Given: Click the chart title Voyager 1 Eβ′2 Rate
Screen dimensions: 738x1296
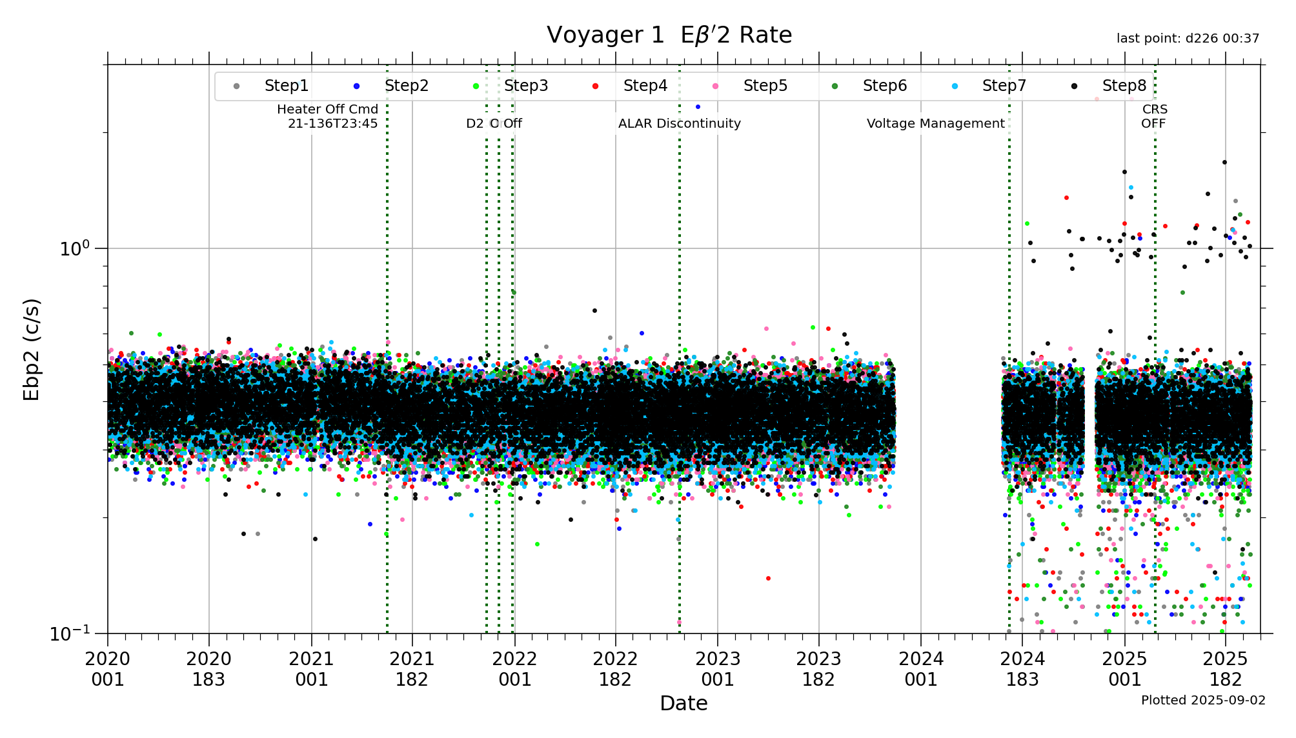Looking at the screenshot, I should coord(669,35).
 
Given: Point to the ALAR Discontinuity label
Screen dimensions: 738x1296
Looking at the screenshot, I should coord(679,123).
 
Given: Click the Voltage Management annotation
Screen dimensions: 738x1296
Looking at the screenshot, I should coord(935,123).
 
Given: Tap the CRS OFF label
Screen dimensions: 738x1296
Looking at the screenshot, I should coord(1154,116).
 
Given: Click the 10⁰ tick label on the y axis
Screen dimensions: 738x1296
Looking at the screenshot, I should coord(74,248).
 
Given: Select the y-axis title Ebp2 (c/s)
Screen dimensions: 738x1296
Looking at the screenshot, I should coord(32,349).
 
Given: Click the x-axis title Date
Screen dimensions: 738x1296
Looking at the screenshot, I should coord(683,703).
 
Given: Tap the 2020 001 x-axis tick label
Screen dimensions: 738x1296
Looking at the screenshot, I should coord(108,669).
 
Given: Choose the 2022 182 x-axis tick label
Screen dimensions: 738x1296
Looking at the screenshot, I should coord(615,669).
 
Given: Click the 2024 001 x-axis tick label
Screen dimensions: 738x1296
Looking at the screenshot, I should coord(921,669).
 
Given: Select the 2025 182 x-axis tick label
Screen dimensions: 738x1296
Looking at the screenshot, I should coord(1226,669).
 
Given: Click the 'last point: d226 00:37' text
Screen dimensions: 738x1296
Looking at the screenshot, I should coord(1188,39).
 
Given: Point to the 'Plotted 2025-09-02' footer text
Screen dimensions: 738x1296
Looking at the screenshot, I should coord(1203,700).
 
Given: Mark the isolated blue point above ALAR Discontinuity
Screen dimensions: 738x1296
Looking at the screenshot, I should coord(698,106).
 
